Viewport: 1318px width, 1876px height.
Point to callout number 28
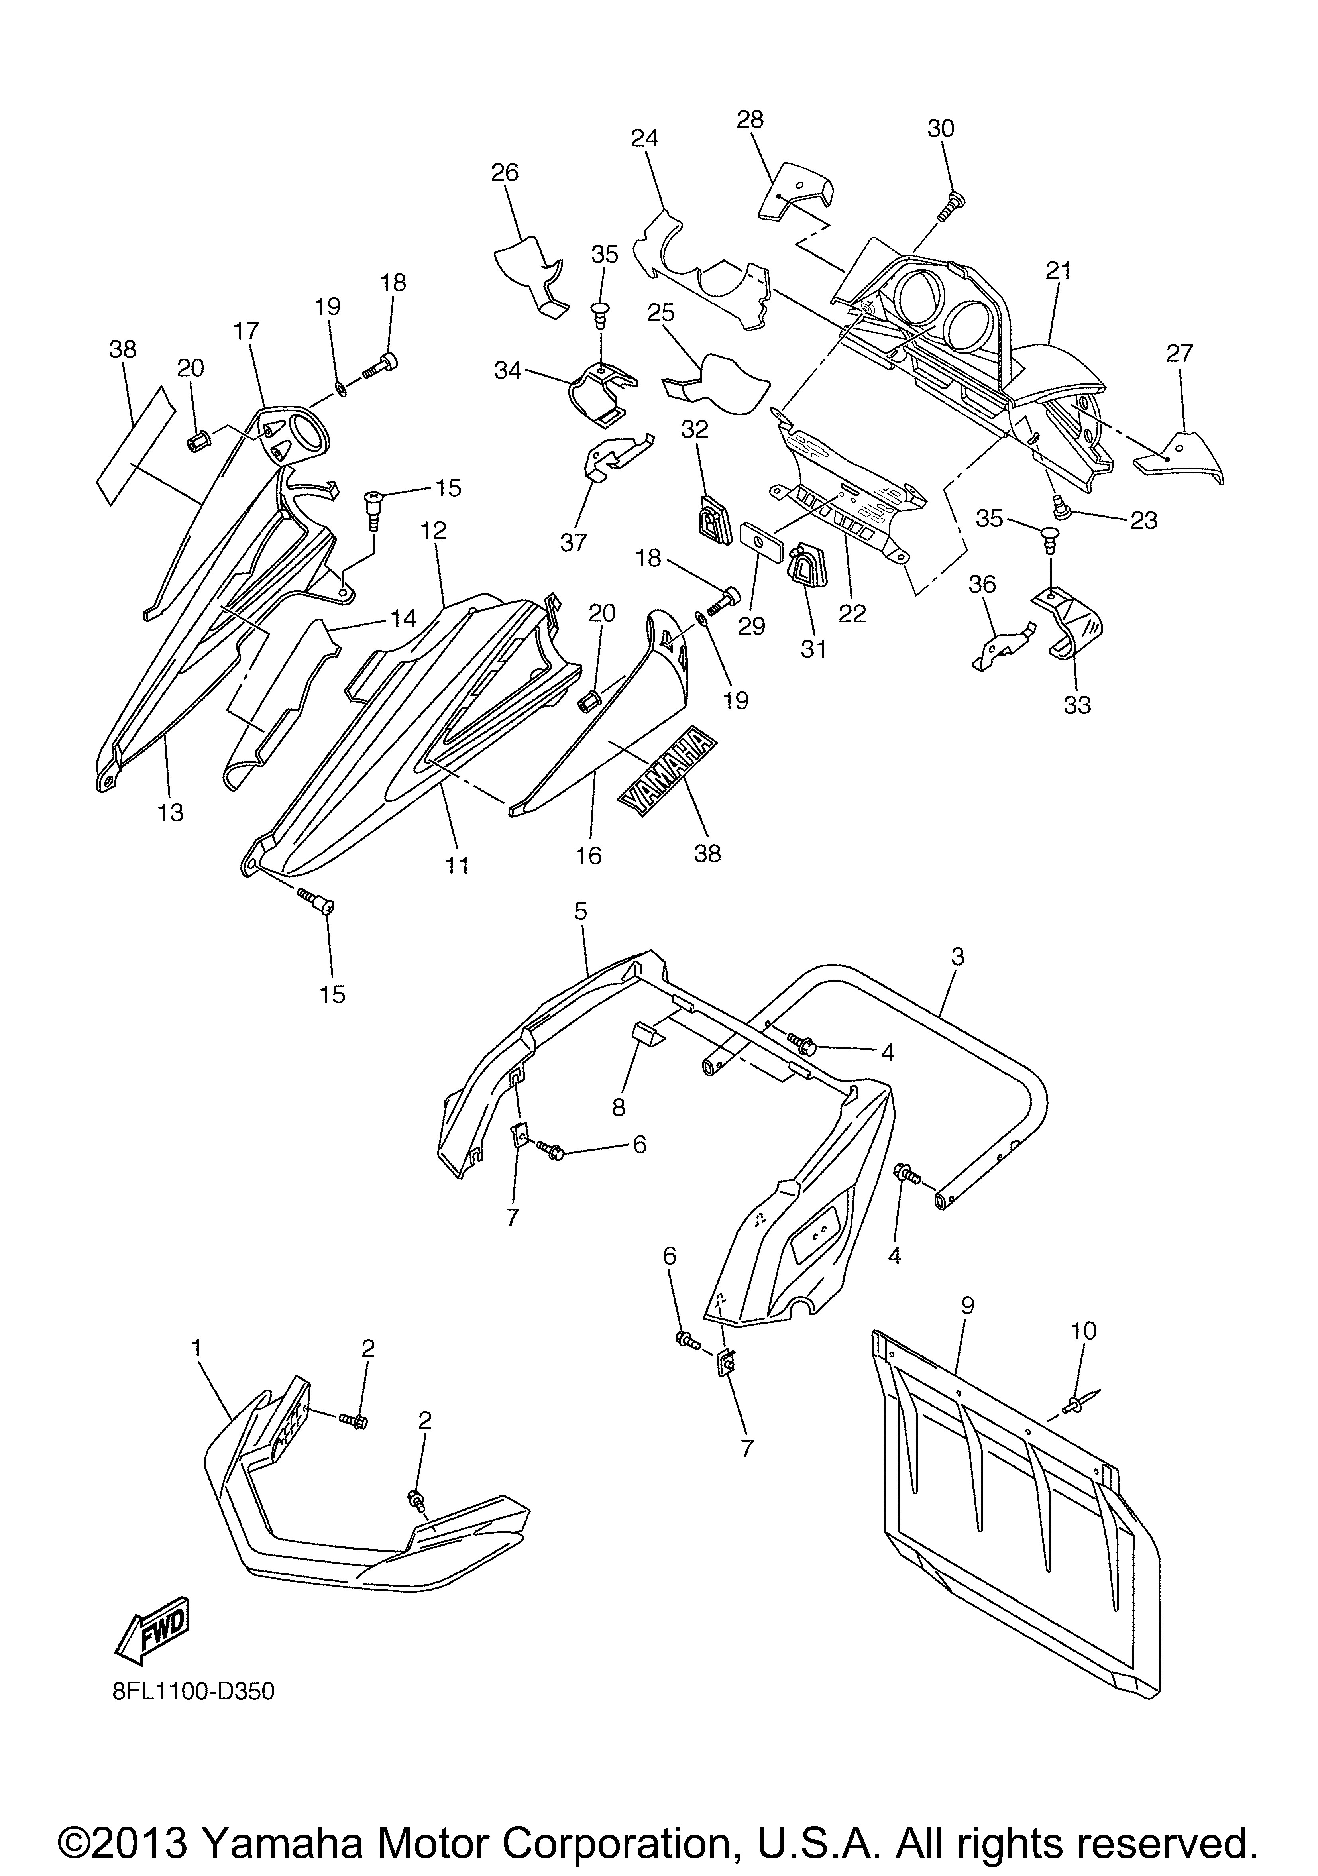749,120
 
